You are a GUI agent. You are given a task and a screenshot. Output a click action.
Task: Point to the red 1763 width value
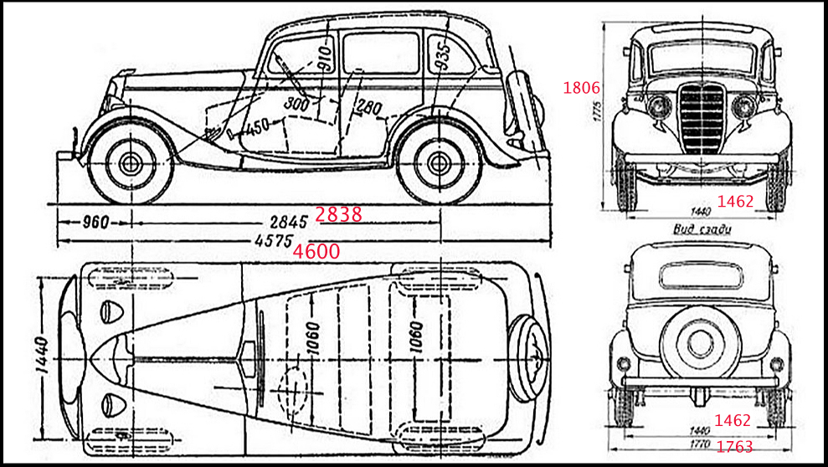pyautogui.click(x=734, y=448)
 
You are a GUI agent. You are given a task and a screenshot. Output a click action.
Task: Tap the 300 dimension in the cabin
pyautogui.click(x=296, y=104)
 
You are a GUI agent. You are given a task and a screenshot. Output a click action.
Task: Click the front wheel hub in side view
pyautogui.click(x=130, y=163)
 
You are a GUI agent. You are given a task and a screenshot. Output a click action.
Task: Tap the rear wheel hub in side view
pyautogui.click(x=438, y=163)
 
